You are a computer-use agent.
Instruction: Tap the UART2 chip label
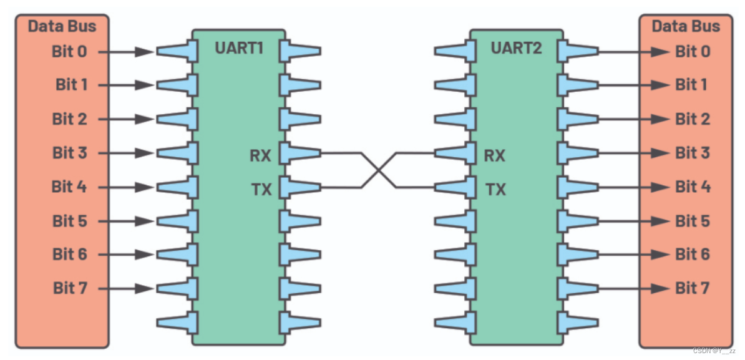[516, 48]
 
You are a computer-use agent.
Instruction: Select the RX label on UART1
[260, 155]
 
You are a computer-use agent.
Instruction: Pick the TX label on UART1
[261, 189]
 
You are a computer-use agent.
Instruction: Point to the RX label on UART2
[494, 155]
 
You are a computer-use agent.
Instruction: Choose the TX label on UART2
[495, 189]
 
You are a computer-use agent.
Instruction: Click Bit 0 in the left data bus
[69, 51]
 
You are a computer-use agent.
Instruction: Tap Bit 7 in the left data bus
[70, 288]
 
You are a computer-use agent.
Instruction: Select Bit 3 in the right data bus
[693, 153]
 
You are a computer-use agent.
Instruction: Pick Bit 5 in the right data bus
[693, 221]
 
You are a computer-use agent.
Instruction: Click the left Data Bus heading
[62, 26]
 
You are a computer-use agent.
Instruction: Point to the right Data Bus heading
[686, 26]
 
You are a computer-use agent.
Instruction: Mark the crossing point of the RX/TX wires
[379, 169]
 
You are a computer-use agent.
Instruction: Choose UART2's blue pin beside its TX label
[454, 187]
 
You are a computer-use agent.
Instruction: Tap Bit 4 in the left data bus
[70, 187]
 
